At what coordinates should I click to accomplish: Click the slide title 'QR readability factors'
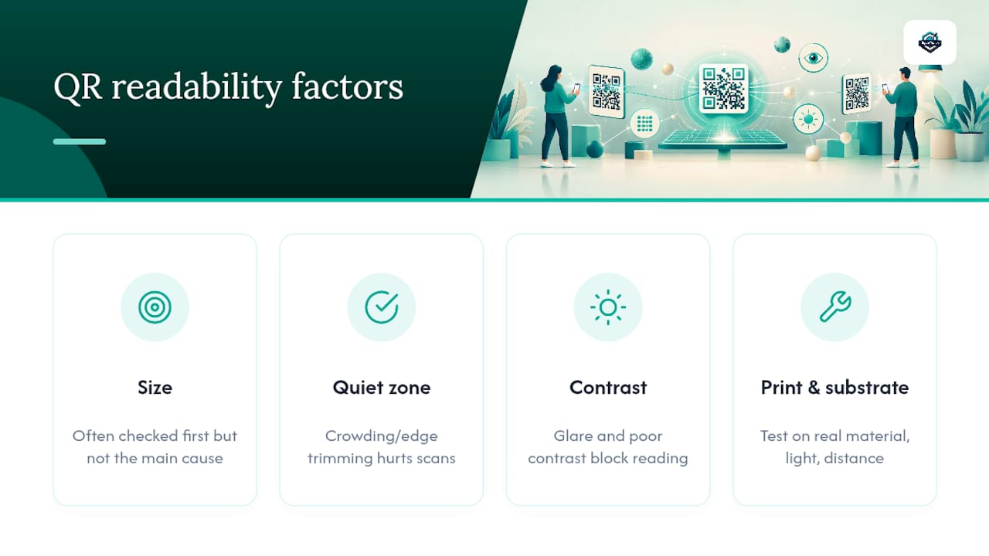[x=228, y=87]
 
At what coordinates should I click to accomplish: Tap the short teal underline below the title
[x=80, y=141]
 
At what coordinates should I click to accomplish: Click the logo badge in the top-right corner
[x=930, y=42]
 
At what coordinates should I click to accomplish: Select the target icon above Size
[x=155, y=307]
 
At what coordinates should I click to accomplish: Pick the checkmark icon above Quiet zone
[x=382, y=307]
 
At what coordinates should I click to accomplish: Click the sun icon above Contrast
[x=608, y=307]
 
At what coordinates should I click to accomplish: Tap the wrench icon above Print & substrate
[x=835, y=307]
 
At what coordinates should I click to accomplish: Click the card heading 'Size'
[x=155, y=388]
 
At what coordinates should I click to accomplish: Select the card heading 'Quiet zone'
[x=382, y=388]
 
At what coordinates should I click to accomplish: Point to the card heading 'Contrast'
[x=608, y=388]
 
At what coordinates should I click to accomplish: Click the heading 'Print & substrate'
[x=835, y=388]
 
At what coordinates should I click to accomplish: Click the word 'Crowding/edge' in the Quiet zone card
[x=382, y=436]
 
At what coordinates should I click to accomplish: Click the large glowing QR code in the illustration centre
[x=724, y=88]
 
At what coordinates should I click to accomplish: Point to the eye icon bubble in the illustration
[x=814, y=58]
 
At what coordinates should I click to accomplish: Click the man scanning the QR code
[x=902, y=117]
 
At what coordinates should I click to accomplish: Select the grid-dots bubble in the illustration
[x=644, y=124]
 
